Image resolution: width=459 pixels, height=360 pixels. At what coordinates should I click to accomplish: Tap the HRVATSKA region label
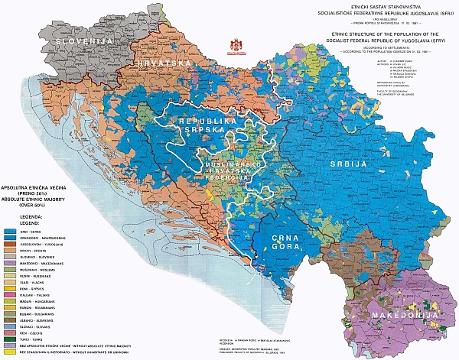click(x=163, y=62)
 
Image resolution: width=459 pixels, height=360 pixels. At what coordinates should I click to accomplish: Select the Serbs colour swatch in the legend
click(x=10, y=230)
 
